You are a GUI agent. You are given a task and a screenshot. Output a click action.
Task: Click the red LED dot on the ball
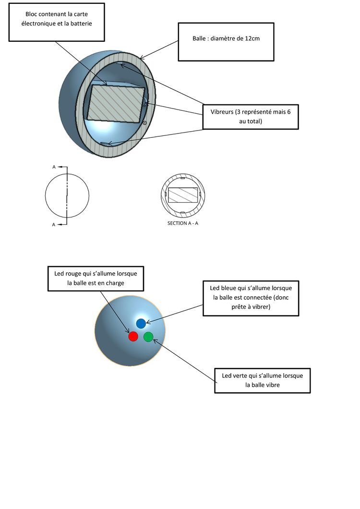pyautogui.click(x=133, y=337)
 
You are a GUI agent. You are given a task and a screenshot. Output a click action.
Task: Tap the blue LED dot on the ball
pyautogui.click(x=141, y=323)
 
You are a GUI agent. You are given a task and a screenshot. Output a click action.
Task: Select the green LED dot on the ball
pyautogui.click(x=148, y=337)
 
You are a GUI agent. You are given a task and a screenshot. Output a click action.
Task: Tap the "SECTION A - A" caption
pyautogui.click(x=182, y=223)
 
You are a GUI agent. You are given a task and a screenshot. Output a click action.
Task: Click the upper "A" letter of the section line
pyautogui.click(x=54, y=167)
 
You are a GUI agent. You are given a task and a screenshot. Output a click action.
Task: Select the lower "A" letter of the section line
pyautogui.click(x=54, y=224)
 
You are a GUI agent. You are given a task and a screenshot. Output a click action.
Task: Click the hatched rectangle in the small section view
pyautogui.click(x=182, y=195)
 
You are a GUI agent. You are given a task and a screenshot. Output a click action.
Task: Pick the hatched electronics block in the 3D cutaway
pyautogui.click(x=115, y=103)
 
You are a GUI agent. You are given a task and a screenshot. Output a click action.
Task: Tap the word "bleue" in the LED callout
pyautogui.click(x=230, y=288)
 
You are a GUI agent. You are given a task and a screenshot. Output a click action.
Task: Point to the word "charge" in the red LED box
pyautogui.click(x=115, y=283)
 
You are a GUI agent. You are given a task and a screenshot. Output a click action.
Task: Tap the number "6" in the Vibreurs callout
pyautogui.click(x=289, y=112)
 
